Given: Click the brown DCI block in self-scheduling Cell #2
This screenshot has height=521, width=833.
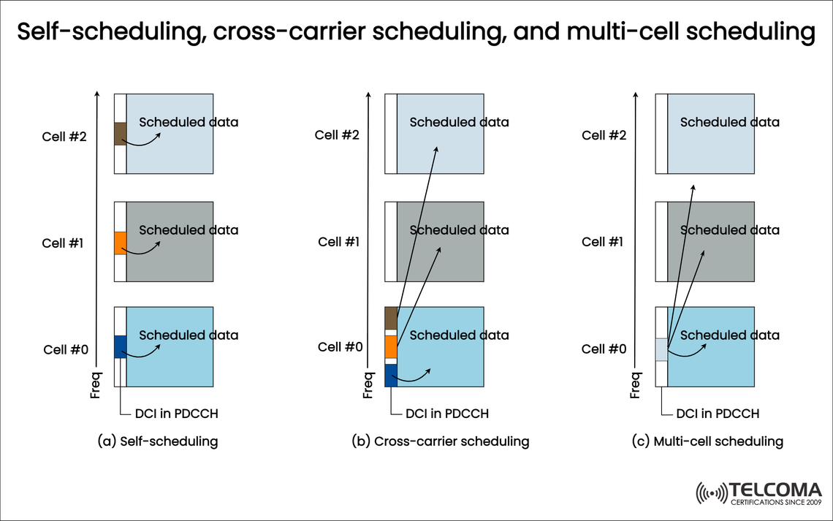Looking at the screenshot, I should pyautogui.click(x=121, y=134).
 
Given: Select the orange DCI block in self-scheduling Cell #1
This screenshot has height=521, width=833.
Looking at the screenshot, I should pyautogui.click(x=121, y=243).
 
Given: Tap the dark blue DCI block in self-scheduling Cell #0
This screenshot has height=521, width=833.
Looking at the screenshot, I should pyautogui.click(x=121, y=346).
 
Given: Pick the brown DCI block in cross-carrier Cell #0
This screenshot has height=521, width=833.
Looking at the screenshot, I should pyautogui.click(x=391, y=319).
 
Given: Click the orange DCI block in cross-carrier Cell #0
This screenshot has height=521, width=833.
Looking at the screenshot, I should pyautogui.click(x=391, y=346).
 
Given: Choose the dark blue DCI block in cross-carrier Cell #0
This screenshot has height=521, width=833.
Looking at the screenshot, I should pyautogui.click(x=391, y=375).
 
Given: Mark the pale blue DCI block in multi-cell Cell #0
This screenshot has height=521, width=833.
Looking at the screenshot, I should pyautogui.click(x=661, y=349).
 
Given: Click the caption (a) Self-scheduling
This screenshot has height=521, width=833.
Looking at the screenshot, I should pyautogui.click(x=158, y=441).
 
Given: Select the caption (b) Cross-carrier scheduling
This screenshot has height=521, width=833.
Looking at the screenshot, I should pyautogui.click(x=441, y=441).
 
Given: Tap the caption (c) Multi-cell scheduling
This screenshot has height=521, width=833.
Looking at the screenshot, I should pyautogui.click(x=708, y=441).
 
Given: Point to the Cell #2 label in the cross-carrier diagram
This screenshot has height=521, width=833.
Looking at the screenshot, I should pyautogui.click(x=337, y=134).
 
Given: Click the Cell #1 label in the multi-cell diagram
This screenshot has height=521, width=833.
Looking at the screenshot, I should pyautogui.click(x=603, y=242).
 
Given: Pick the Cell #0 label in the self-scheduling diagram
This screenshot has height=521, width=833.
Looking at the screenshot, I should pyautogui.click(x=66, y=349).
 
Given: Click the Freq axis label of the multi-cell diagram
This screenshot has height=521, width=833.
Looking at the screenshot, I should pyautogui.click(x=636, y=385).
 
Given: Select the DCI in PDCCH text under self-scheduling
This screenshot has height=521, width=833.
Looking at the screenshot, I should pyautogui.click(x=176, y=414).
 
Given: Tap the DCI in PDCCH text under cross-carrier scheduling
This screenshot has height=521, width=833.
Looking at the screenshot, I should pyautogui.click(x=446, y=414).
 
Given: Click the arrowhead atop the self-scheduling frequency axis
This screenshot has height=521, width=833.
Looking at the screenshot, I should pyautogui.click(x=96, y=94).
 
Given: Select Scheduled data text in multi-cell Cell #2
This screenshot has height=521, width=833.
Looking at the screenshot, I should pyautogui.click(x=729, y=122).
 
